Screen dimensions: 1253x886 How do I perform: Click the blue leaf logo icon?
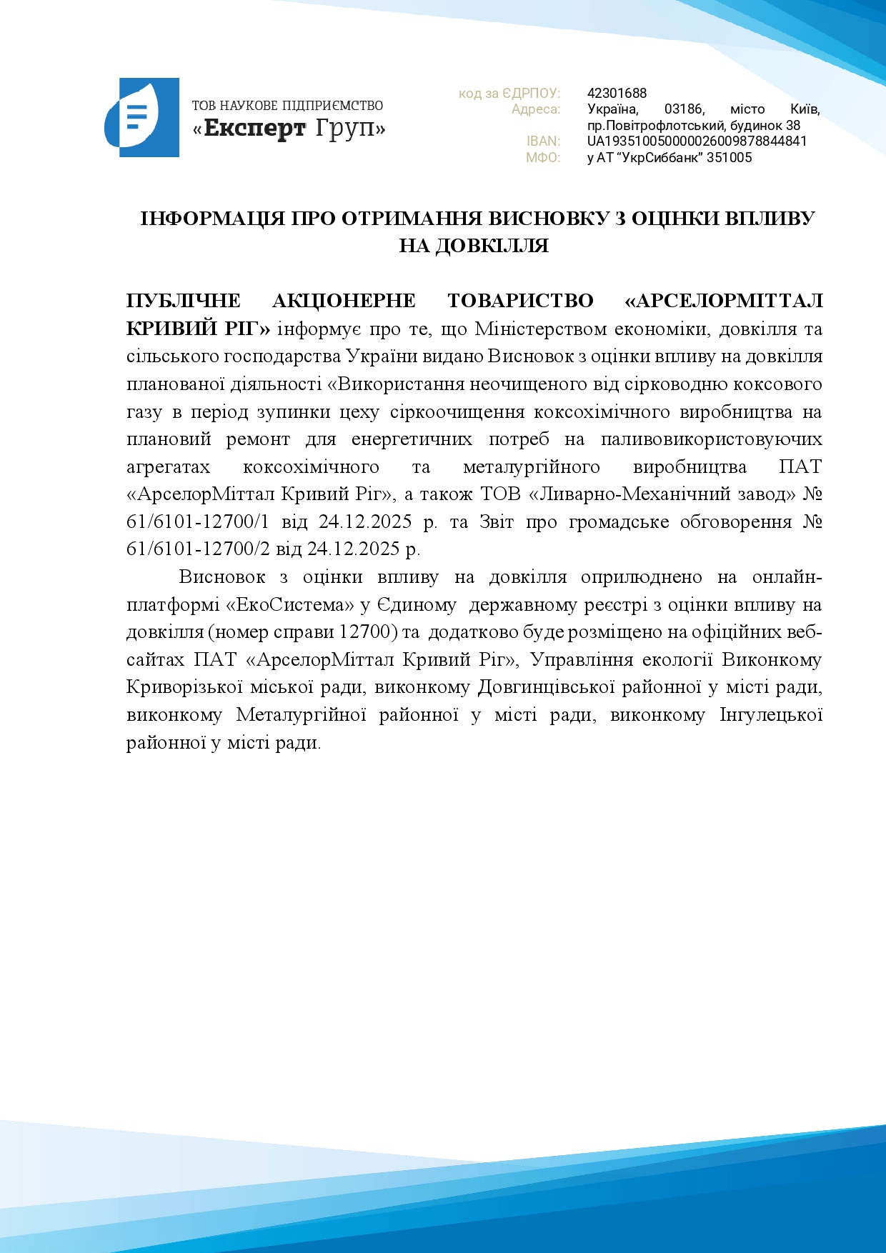(141, 118)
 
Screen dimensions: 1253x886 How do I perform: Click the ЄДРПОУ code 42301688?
(617, 93)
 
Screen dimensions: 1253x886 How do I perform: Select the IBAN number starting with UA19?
(697, 141)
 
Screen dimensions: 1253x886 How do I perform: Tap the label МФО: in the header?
(543, 158)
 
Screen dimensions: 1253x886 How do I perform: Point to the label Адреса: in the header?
(536, 109)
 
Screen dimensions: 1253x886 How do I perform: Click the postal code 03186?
(684, 109)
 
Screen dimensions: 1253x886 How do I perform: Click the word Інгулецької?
(771, 714)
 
